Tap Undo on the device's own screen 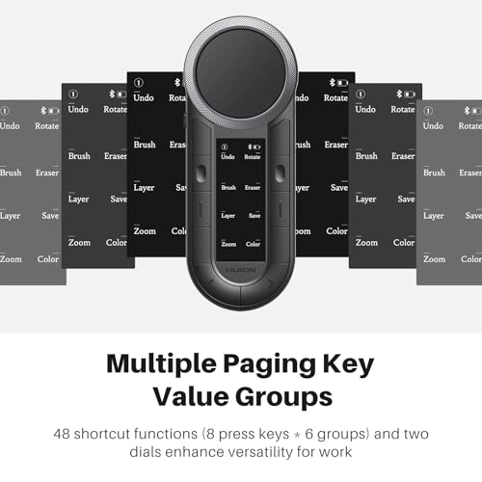coord(228,156)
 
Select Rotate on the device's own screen coord(253,156)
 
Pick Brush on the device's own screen coord(228,187)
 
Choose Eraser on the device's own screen coord(253,187)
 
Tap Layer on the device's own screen coord(228,216)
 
